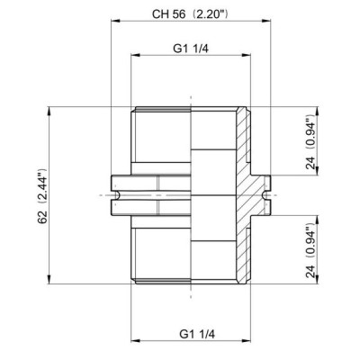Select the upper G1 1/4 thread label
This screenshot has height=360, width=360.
click(x=191, y=49)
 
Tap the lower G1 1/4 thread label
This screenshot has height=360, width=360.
click(x=197, y=334)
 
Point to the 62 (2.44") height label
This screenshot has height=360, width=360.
click(x=42, y=196)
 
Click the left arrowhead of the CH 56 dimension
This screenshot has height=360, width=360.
click(x=115, y=21)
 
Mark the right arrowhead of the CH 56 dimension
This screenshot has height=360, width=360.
click(x=266, y=21)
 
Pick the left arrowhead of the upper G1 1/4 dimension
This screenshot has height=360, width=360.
click(x=135, y=55)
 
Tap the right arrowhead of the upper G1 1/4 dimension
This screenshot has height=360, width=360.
click(x=247, y=55)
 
